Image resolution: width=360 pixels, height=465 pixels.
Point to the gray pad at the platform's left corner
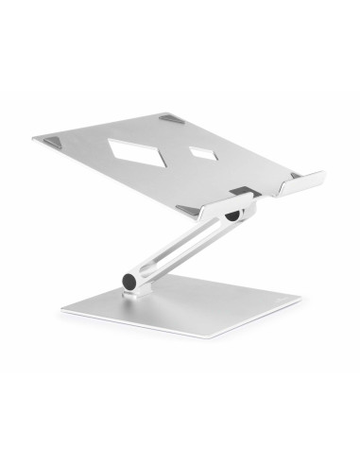pos(48,140)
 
